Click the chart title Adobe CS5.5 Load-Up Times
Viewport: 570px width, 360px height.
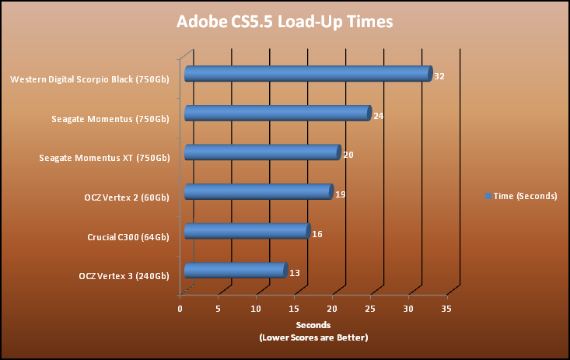tap(284, 22)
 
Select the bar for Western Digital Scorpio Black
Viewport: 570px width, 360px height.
tap(307, 75)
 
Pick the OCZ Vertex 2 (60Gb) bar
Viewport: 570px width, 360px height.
tap(259, 192)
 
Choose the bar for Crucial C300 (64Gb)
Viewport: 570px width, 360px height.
tap(247, 232)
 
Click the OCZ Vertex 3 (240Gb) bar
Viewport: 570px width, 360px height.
tap(236, 271)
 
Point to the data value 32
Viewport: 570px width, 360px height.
tap(439, 77)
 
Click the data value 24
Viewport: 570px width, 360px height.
tap(379, 116)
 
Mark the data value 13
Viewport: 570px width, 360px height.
tap(295, 273)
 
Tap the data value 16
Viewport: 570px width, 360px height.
tap(317, 234)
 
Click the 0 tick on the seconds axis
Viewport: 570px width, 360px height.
tap(180, 309)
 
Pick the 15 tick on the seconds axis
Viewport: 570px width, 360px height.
tap(294, 309)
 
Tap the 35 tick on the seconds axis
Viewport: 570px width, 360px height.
tap(446, 309)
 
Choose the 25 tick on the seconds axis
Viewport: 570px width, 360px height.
tap(370, 309)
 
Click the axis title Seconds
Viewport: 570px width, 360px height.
tap(313, 325)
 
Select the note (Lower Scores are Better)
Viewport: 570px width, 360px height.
tap(313, 337)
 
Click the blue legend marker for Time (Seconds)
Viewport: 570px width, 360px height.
tap(488, 196)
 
